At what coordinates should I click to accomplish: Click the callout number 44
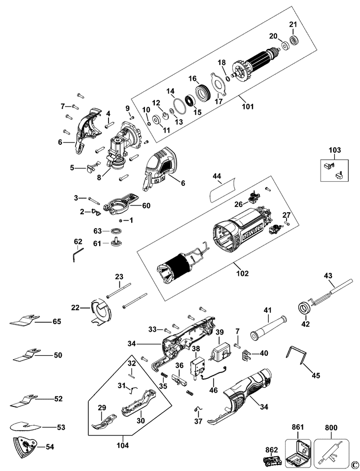point(217,176)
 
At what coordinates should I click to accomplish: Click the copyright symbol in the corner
point(355,464)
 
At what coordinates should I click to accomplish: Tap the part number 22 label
point(75,307)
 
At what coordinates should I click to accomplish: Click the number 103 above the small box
point(335,149)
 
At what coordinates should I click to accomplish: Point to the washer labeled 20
point(285,46)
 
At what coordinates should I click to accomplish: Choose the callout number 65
point(57,321)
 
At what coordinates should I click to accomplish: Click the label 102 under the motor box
point(242,273)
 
